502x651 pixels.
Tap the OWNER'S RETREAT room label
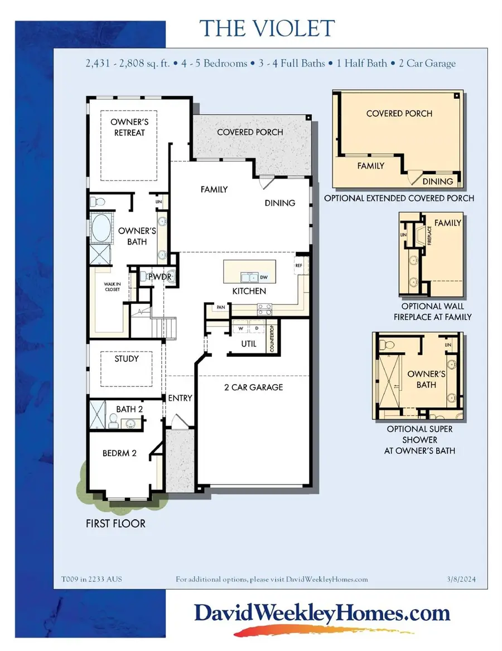click(x=127, y=127)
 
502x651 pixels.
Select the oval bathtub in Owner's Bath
click(x=102, y=229)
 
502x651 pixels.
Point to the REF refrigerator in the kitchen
click(x=299, y=266)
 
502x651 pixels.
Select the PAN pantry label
click(x=213, y=307)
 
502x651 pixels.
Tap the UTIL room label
click(x=249, y=344)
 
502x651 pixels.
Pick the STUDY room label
click(x=127, y=358)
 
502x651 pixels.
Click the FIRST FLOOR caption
click(x=115, y=523)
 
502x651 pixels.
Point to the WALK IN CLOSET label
click(x=113, y=286)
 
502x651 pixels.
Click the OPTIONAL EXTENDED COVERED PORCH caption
click(x=399, y=198)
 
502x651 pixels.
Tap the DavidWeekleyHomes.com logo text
click(x=322, y=614)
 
